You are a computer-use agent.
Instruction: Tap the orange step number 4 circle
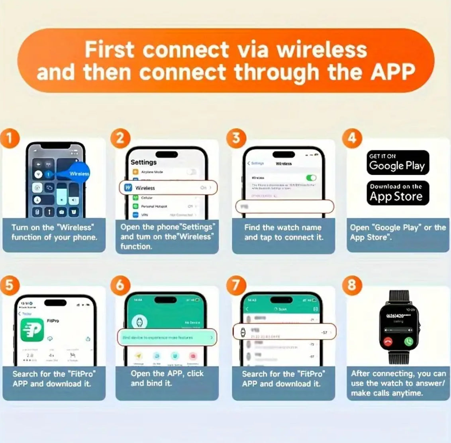coord(352,138)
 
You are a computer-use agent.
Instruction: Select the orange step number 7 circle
coord(236,285)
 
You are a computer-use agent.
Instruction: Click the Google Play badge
coord(398,162)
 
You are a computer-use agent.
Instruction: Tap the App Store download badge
coord(398,193)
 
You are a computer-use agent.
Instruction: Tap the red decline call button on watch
coord(387,342)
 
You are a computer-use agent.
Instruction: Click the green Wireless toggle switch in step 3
coord(311,178)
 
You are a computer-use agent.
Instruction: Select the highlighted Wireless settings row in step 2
coord(168,188)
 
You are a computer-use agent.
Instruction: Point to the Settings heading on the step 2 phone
coord(143,162)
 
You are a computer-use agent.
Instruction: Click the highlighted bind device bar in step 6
coord(167,337)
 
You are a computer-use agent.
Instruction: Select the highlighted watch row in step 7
coord(284,332)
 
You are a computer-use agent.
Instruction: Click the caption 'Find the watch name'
coord(283,227)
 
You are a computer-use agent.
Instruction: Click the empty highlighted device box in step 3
coord(284,206)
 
